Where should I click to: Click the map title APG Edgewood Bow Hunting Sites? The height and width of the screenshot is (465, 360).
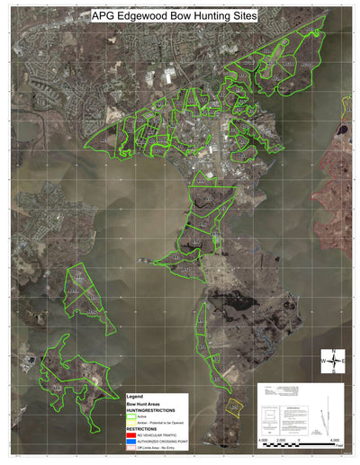[x=174, y=15]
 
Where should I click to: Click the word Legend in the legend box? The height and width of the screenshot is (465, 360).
[x=135, y=397]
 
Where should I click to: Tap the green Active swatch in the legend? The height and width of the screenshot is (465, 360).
[x=131, y=416]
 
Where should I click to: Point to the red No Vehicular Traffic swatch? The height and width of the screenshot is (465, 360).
[x=131, y=435]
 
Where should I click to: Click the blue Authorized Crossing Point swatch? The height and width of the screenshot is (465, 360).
[x=131, y=442]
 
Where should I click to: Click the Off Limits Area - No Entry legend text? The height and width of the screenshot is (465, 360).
[x=158, y=448]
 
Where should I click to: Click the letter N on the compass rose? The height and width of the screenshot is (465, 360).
[x=333, y=351]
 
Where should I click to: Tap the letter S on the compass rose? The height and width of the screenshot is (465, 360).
[x=334, y=371]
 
